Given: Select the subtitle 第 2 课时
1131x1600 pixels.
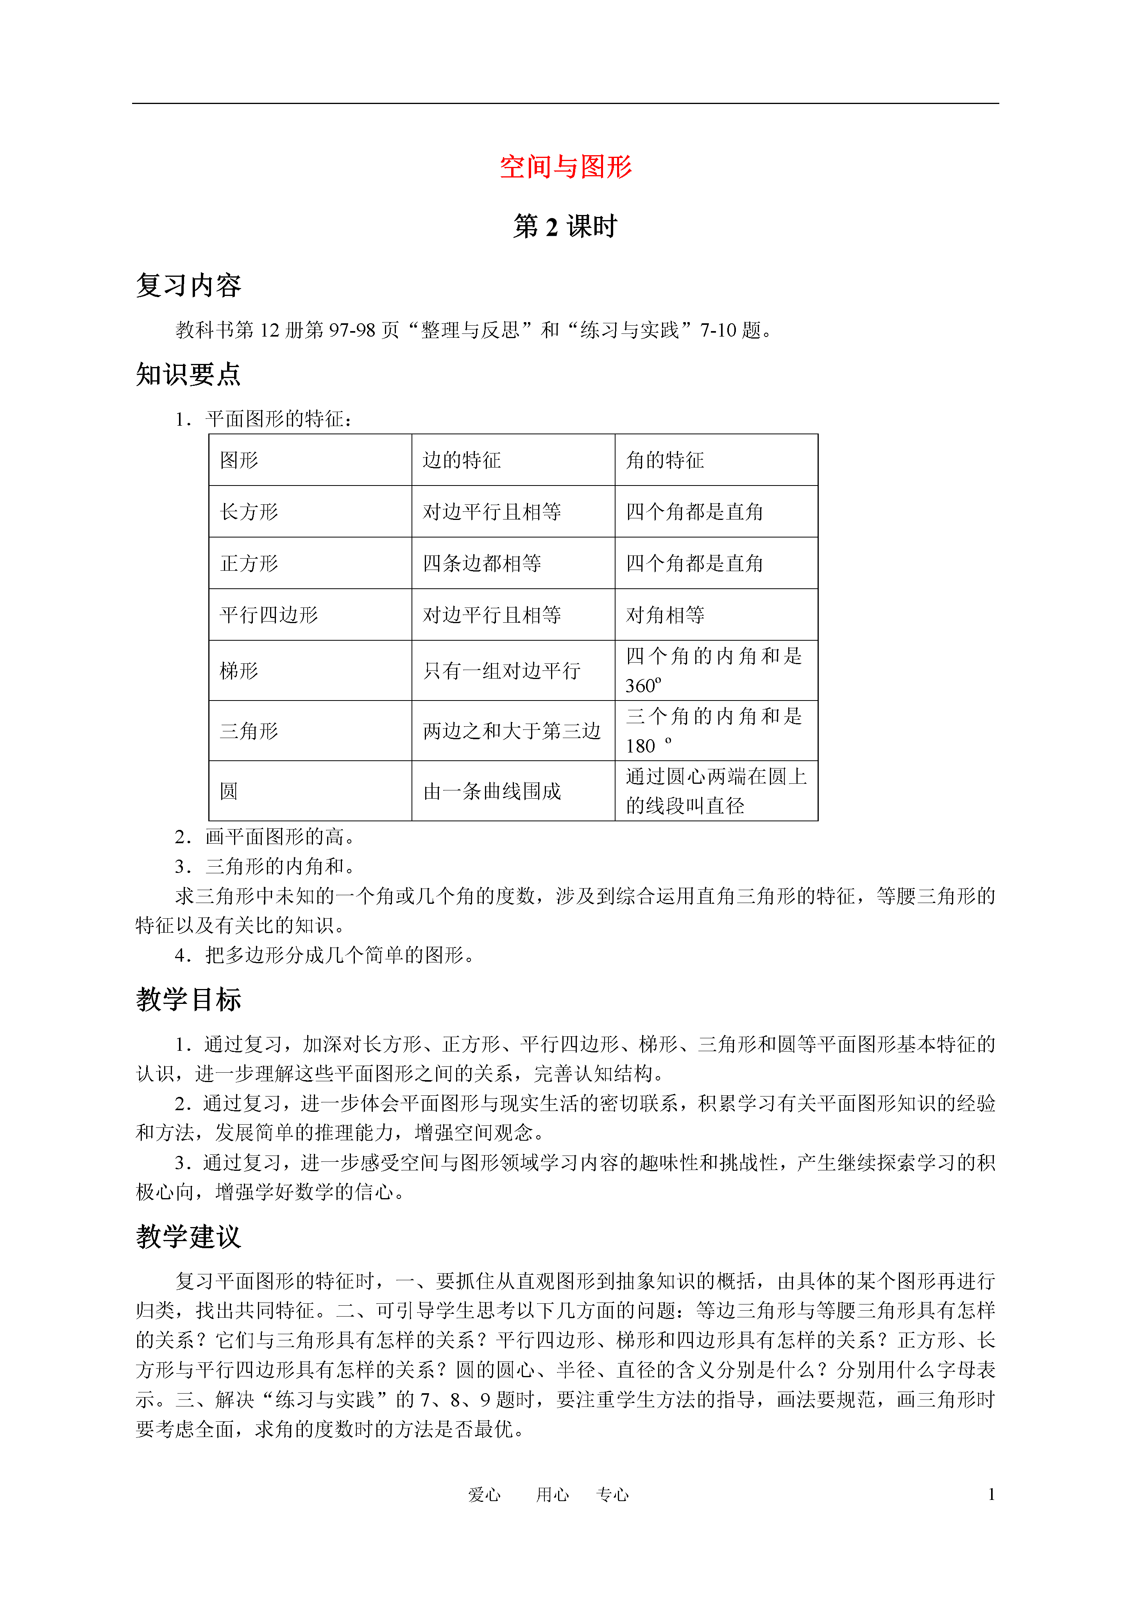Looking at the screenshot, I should click(x=565, y=226).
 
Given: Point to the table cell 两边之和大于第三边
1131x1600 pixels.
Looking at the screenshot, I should click(x=512, y=731).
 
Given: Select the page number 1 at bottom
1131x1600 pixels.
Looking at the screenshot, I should click(x=991, y=1494).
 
